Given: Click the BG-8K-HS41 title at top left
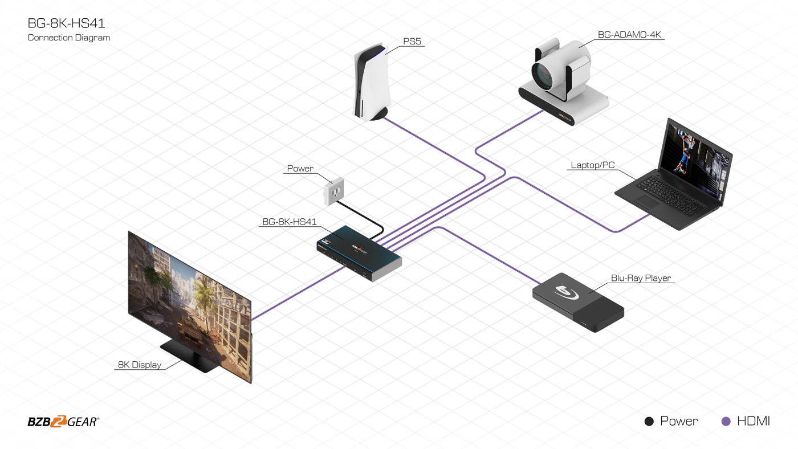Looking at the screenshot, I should click(x=66, y=24).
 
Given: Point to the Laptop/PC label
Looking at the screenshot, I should click(x=593, y=165).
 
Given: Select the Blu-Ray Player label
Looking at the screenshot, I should click(x=641, y=278).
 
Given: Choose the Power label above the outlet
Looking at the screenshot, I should click(x=300, y=169).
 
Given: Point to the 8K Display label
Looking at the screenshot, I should click(x=140, y=365).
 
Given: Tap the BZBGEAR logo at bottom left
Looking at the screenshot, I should click(x=63, y=422).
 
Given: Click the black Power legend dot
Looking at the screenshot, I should click(x=649, y=422).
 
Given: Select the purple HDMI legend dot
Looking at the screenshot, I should click(x=726, y=422).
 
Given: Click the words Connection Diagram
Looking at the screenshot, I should click(x=68, y=38).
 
